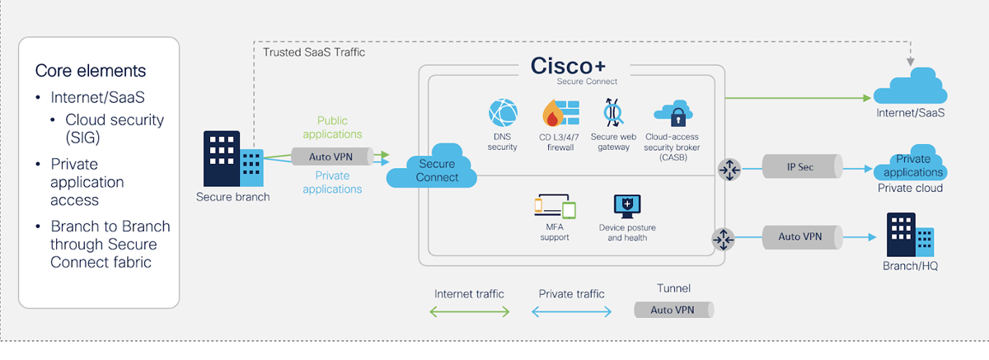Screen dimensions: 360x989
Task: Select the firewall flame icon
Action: [556, 115]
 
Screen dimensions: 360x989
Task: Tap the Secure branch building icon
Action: [232, 161]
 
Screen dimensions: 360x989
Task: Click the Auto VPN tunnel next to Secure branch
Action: [332, 157]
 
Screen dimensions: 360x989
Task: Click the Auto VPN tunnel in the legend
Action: [673, 311]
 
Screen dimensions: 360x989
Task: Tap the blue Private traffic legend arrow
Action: [572, 311]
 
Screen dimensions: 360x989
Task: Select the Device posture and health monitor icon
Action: [627, 206]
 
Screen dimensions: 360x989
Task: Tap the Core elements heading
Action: [91, 70]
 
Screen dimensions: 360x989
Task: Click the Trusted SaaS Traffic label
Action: [314, 52]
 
